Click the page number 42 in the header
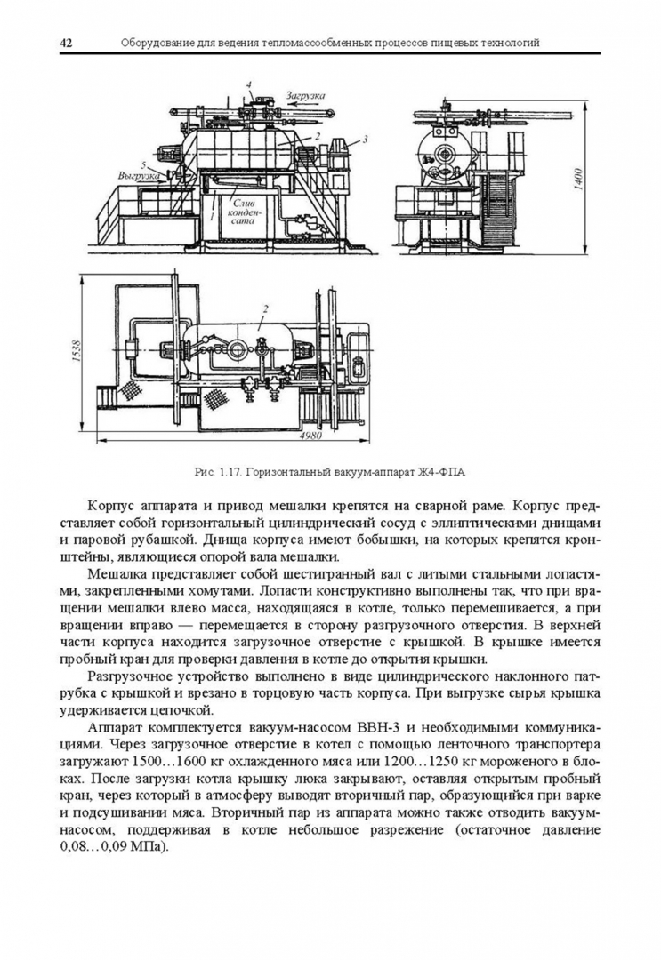pyautogui.click(x=67, y=43)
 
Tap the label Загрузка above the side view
pyautogui.click(x=305, y=95)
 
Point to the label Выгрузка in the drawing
pyautogui.click(x=139, y=175)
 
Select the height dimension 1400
pyautogui.click(x=579, y=178)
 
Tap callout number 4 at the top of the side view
pyautogui.click(x=249, y=84)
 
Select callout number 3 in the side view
pyautogui.click(x=365, y=139)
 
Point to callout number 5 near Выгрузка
pyautogui.click(x=143, y=164)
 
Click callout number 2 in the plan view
pyautogui.click(x=265, y=310)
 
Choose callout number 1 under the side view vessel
pyautogui.click(x=212, y=215)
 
